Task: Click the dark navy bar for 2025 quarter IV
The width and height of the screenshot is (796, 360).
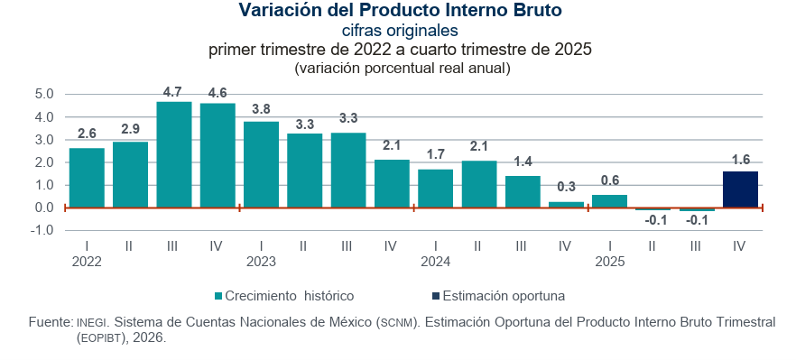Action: coord(740,189)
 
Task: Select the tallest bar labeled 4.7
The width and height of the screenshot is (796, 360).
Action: coord(174,154)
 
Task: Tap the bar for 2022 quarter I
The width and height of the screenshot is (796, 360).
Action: coord(87,178)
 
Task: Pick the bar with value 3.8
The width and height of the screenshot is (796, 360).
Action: coord(261,164)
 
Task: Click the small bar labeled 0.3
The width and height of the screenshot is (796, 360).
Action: coord(566,205)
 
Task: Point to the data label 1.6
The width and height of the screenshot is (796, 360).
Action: coord(740,160)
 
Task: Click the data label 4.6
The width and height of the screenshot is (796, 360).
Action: coord(218,92)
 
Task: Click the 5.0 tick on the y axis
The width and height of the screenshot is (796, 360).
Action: coord(44,94)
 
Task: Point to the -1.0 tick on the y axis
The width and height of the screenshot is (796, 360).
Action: coord(42,230)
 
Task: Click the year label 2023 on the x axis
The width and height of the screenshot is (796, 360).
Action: coord(261,262)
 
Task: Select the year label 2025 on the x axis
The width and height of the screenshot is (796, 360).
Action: coord(610,262)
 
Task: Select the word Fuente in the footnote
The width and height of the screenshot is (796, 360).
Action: coord(50,322)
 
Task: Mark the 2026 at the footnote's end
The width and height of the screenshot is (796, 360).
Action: coord(151,337)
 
